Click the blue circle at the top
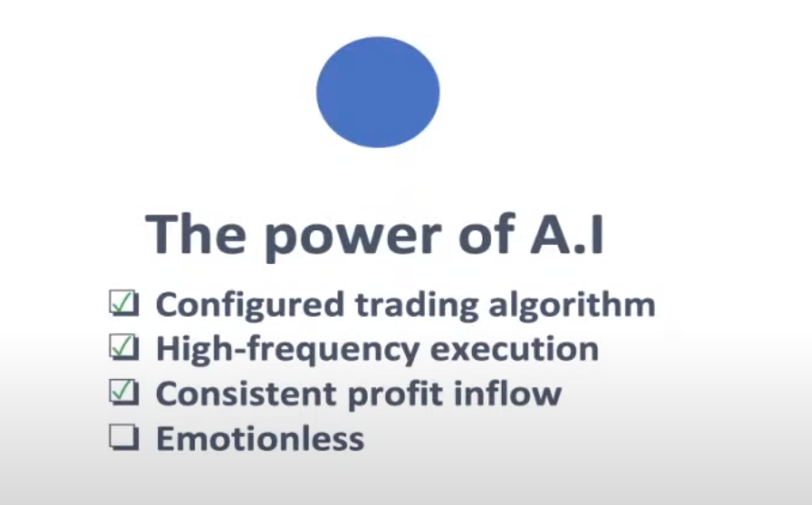[378, 92]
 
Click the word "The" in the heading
[194, 234]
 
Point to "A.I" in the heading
[565, 234]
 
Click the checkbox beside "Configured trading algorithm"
[122, 303]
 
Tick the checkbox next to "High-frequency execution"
[122, 348]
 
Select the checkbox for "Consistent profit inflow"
[122, 393]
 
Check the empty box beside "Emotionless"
[122, 438]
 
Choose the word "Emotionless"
[260, 438]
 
